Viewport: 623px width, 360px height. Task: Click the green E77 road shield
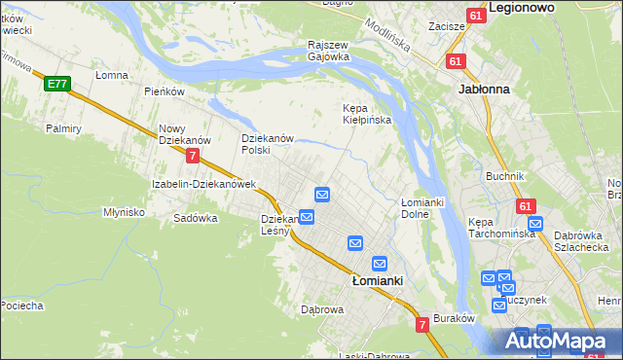pyautogui.click(x=56, y=85)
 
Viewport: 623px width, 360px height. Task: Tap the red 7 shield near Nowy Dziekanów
pyautogui.click(x=194, y=155)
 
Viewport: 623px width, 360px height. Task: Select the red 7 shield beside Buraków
pyautogui.click(x=422, y=323)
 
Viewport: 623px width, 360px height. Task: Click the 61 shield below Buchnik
pyautogui.click(x=526, y=206)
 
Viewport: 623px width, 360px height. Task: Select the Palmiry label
pyautogui.click(x=62, y=127)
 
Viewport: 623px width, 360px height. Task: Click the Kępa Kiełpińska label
pyautogui.click(x=366, y=114)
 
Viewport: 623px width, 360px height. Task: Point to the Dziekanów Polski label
pyautogui.click(x=268, y=144)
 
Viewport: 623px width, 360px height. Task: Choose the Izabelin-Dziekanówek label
pyautogui.click(x=202, y=183)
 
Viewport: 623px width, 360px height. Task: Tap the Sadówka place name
pyautogui.click(x=195, y=218)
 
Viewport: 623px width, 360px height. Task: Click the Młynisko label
pyautogui.click(x=124, y=211)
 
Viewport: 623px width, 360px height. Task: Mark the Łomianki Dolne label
pyautogui.click(x=422, y=207)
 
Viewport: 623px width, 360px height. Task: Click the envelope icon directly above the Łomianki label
pyautogui.click(x=380, y=264)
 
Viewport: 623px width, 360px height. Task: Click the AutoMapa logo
pyautogui.click(x=559, y=341)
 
